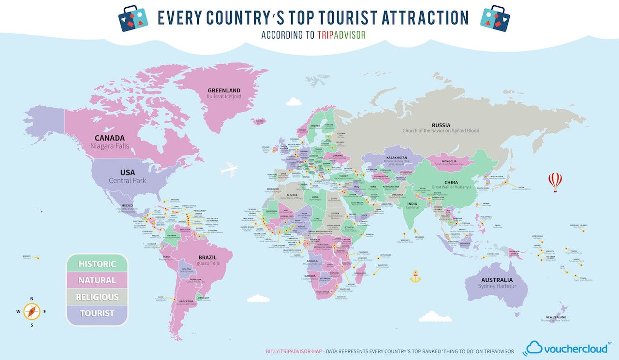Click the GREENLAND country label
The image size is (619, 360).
pos(224,90)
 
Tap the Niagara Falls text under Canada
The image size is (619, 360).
pos(109,145)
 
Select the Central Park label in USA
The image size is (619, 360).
pos(127,181)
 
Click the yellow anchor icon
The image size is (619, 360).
pos(415,277)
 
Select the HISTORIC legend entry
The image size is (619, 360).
pos(97,264)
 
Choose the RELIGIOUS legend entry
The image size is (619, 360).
pos(97,297)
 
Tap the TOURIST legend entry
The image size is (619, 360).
pos(97,313)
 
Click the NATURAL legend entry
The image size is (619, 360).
pos(97,280)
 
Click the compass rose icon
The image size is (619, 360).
pos(32,312)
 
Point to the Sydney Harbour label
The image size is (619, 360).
pos(497,286)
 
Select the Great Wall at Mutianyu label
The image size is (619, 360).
pos(451,187)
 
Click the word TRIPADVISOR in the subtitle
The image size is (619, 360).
pos(341,35)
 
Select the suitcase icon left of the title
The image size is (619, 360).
pos(134,18)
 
